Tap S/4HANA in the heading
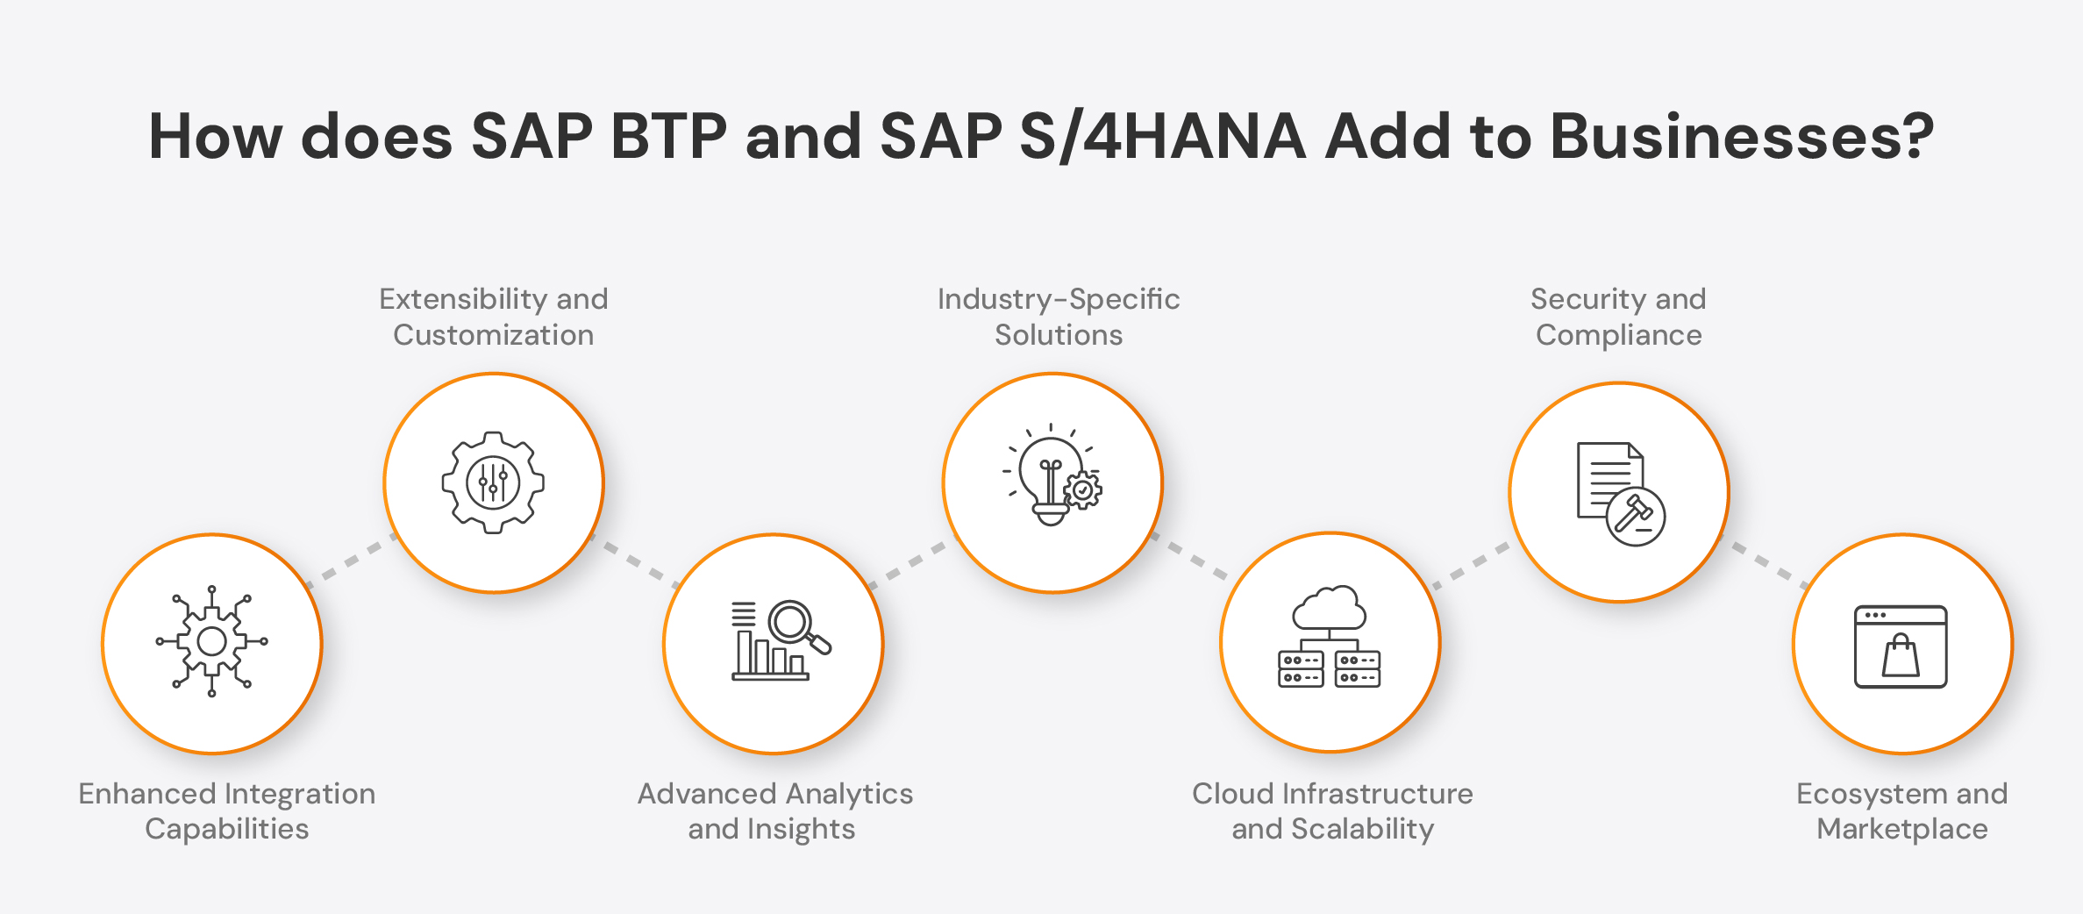[x=1163, y=137]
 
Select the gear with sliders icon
[x=493, y=482]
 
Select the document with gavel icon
[x=1620, y=493]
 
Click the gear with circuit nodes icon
[x=212, y=641]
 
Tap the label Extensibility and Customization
[x=493, y=317]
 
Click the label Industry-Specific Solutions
[x=1059, y=317]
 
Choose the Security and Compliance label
[x=1618, y=317]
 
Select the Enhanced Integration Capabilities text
[x=226, y=810]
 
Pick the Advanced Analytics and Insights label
[x=774, y=810]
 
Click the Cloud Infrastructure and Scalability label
[x=1332, y=810]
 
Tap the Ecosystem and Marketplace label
[x=1901, y=810]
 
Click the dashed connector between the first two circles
[x=351, y=561]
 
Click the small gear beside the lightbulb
[x=1084, y=490]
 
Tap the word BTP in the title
[x=668, y=137]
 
